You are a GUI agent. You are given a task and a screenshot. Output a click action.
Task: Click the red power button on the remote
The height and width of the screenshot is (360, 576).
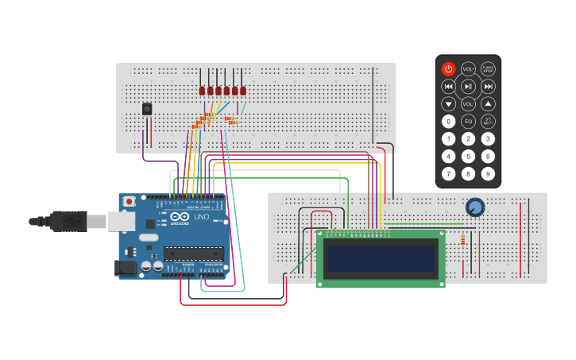coord(449,69)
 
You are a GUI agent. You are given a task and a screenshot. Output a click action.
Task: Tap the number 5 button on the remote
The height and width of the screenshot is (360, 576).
coord(469,157)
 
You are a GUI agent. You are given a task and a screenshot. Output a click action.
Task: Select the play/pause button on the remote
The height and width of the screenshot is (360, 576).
coord(469,87)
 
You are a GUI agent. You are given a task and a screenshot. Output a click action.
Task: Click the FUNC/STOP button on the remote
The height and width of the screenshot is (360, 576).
coord(488,69)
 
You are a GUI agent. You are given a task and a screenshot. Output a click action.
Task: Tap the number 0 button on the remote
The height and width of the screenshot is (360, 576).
coord(449,122)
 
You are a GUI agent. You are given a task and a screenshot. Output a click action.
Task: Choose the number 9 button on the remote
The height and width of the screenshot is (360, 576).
coord(488,174)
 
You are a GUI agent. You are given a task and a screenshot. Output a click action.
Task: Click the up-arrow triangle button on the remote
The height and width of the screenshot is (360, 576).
coord(488,104)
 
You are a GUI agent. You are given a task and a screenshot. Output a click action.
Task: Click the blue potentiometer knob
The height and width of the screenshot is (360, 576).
coord(475,207)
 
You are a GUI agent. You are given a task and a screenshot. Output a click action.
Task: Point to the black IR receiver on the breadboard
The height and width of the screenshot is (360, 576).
coord(147,109)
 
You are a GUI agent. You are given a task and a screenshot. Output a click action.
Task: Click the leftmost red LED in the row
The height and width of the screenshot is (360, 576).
coord(202,91)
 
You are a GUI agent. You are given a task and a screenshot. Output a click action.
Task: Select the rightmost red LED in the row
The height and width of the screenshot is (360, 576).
coord(243,91)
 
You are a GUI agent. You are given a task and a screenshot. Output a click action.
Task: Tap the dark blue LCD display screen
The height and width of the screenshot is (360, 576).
coord(381,258)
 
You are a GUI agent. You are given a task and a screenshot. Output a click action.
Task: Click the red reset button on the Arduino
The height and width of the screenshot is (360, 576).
coord(129,203)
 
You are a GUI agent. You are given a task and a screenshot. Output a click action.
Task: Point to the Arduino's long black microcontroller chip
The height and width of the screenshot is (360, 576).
coord(194,254)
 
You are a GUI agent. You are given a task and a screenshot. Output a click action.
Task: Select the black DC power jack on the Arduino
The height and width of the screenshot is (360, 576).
coord(126,268)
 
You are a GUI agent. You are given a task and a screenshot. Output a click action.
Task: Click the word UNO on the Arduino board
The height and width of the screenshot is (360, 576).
coord(202,216)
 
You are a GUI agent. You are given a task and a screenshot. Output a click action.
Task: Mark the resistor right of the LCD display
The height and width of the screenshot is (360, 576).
coord(463,240)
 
